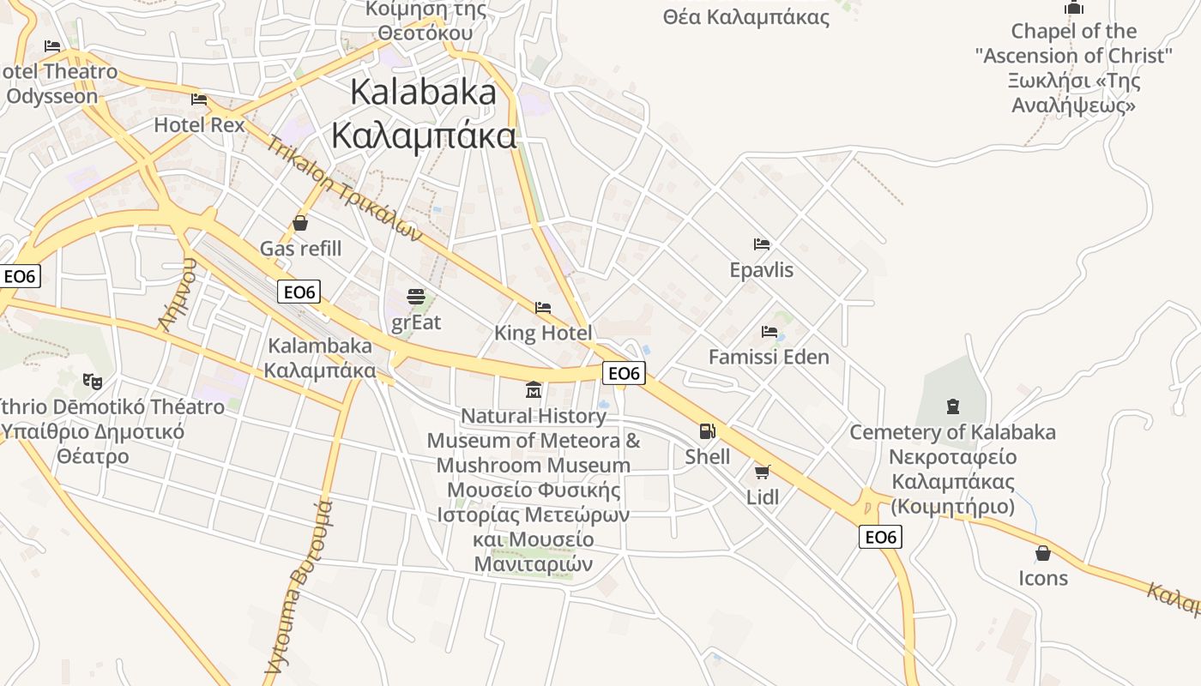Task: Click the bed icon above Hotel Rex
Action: click(199, 99)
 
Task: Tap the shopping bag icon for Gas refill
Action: click(300, 224)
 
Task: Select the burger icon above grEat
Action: click(416, 297)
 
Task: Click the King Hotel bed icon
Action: click(542, 307)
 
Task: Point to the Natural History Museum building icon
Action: click(534, 390)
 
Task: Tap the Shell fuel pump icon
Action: click(707, 431)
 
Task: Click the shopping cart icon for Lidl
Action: click(762, 471)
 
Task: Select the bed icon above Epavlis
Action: click(761, 244)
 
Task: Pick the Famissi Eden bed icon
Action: click(769, 331)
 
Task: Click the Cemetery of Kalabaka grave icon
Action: click(952, 406)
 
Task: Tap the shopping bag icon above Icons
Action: click(1043, 553)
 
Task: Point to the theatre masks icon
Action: click(92, 380)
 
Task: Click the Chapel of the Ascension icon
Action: click(1073, 8)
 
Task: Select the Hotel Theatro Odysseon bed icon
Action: click(52, 45)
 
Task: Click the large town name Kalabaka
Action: click(424, 93)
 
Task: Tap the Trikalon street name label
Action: click(344, 188)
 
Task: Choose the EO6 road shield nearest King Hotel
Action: click(624, 373)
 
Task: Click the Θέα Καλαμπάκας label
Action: click(746, 17)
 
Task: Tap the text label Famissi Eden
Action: click(769, 357)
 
